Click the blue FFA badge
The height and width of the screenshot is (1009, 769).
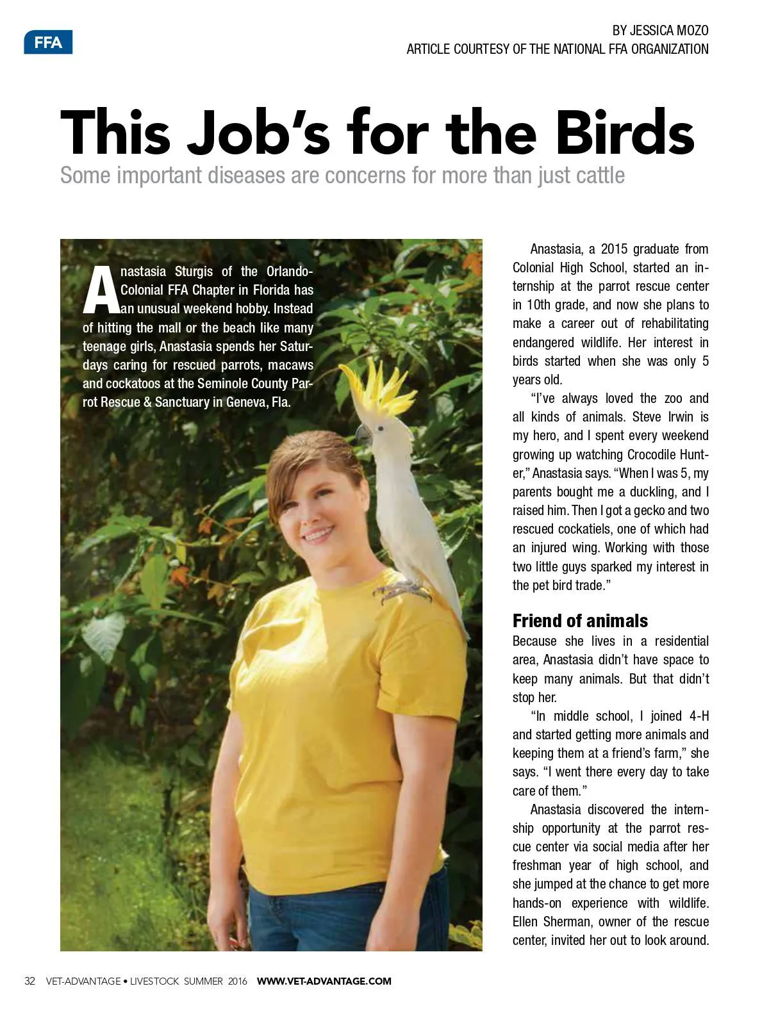click(48, 42)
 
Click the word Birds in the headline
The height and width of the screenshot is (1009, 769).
click(624, 133)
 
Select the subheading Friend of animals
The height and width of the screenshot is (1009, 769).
click(580, 621)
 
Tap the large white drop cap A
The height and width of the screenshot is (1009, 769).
click(101, 290)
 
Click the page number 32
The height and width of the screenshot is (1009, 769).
click(29, 981)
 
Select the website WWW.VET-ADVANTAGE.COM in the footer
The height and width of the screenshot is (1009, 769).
click(324, 981)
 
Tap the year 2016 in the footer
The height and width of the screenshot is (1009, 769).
click(237, 981)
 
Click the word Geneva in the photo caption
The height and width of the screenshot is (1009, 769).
click(246, 402)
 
